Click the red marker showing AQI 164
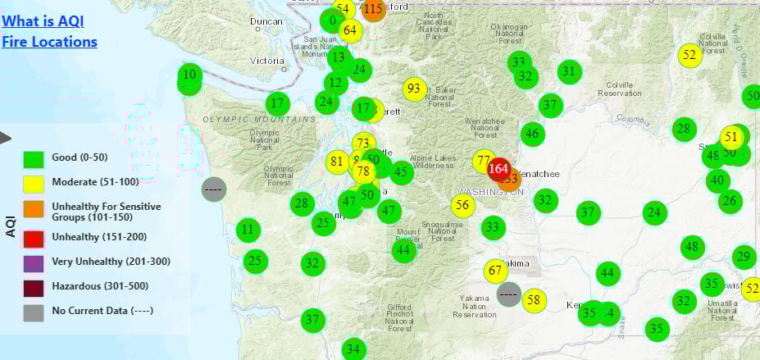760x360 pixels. coord(498,170)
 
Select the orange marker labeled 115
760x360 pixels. coord(373,10)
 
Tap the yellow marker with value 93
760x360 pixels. coord(415,89)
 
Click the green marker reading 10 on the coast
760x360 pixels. coord(190,75)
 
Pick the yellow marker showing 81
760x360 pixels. coord(336,162)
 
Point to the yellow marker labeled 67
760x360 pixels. coord(495,271)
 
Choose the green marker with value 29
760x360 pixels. coord(744,257)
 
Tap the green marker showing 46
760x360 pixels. coord(533,134)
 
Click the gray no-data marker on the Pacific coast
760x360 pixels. coord(214,189)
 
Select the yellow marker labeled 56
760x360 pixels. coord(463,206)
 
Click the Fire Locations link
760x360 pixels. coord(49,42)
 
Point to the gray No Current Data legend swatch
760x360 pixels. coord(34,311)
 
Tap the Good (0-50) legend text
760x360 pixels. coord(80,157)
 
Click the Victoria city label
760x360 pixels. coord(266,61)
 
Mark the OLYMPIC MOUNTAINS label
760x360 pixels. coord(259,120)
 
